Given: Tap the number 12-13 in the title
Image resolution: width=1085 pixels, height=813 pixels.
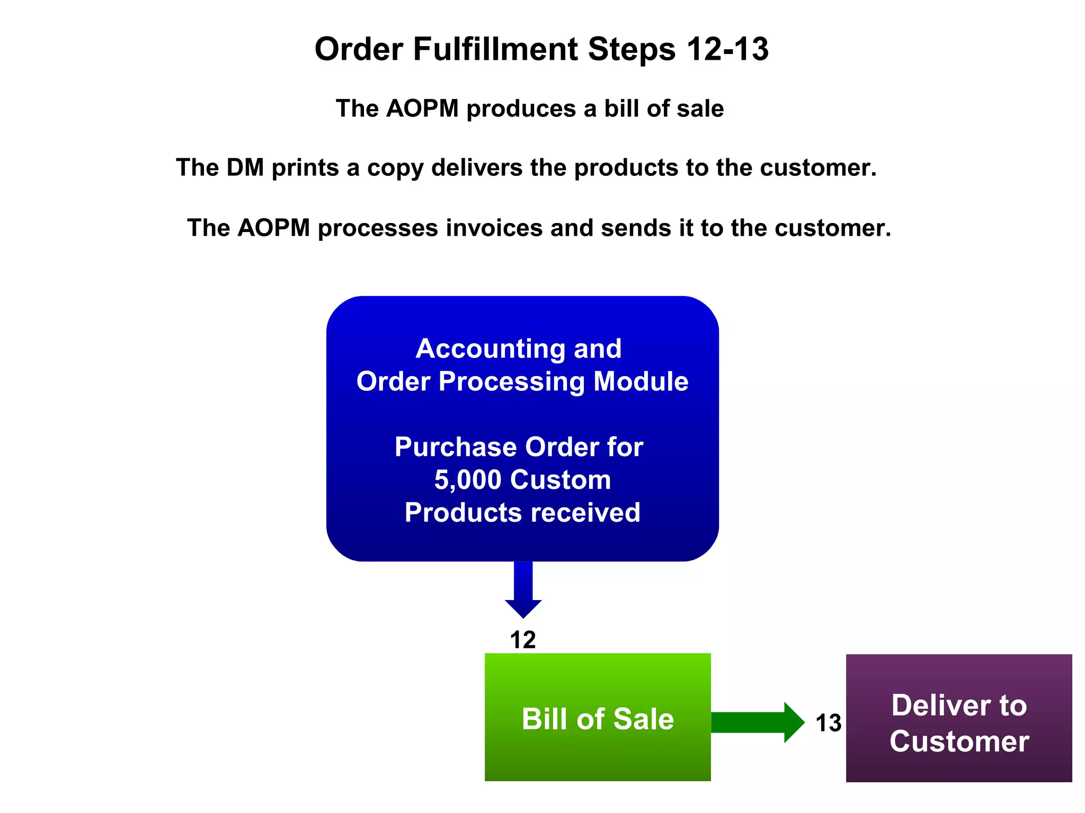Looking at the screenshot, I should [727, 49].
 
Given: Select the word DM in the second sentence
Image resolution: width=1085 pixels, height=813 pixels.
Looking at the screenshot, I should [245, 168].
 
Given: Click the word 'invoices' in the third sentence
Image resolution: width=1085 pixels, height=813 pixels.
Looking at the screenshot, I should [494, 228].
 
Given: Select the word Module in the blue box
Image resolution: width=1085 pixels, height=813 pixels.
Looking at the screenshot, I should [641, 382].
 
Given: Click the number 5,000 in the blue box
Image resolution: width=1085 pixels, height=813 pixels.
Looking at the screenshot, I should [467, 480].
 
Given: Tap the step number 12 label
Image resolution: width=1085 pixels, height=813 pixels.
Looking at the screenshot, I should [522, 640].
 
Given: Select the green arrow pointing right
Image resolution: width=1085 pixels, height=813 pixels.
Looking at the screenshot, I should [757, 722].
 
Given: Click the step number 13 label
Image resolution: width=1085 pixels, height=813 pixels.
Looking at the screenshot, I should [828, 723].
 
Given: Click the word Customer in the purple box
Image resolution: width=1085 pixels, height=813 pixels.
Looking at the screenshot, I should [959, 741].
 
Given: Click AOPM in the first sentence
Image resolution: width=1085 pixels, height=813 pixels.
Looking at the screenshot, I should [422, 109].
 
